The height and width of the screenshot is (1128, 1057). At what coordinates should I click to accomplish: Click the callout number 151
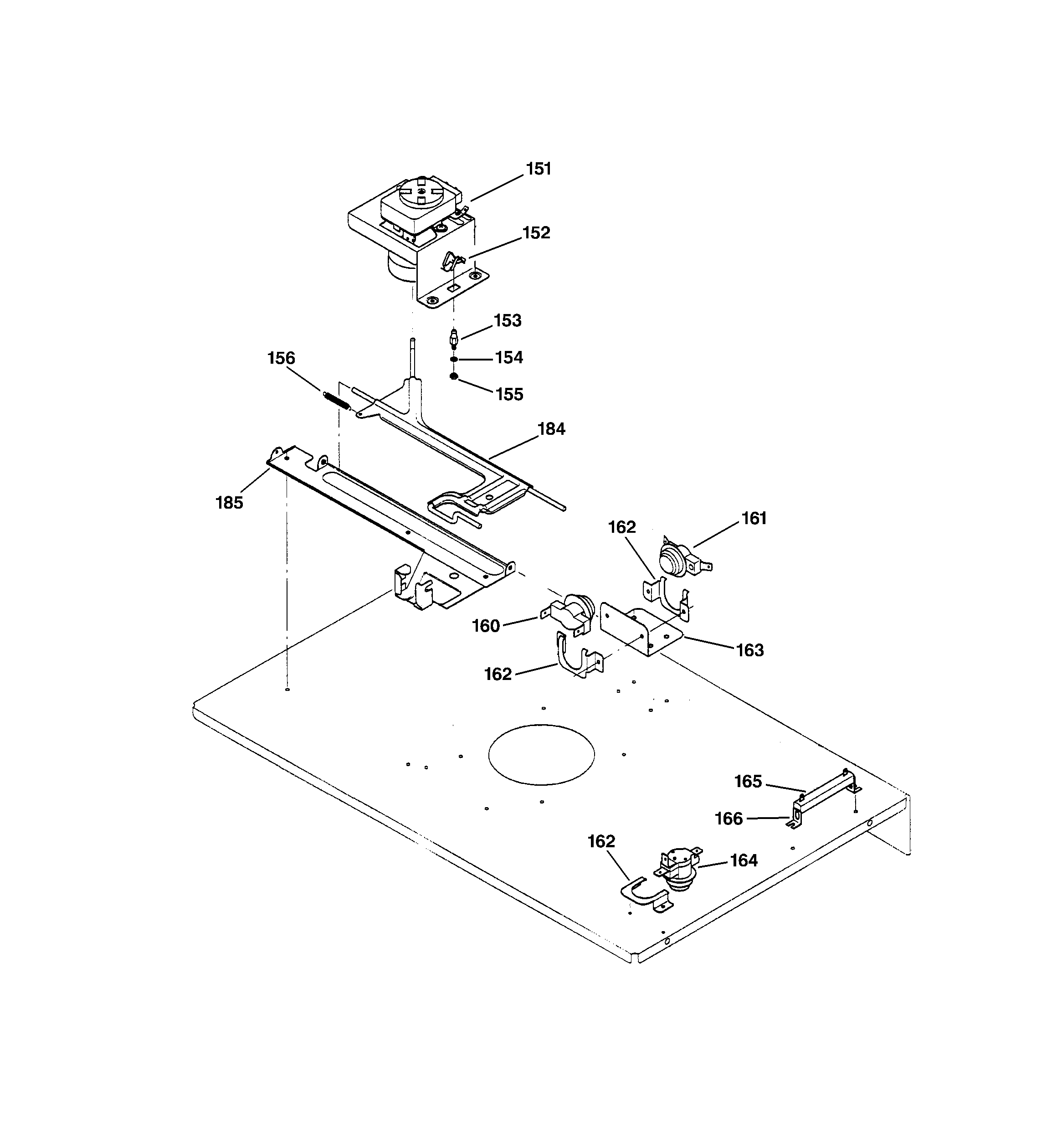(538, 169)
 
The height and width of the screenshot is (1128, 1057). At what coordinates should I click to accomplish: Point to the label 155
(509, 394)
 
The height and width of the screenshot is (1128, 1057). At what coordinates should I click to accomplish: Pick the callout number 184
(551, 429)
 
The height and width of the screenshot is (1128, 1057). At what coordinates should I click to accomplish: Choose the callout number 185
(229, 503)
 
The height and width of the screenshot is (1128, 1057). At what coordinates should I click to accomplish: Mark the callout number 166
(729, 818)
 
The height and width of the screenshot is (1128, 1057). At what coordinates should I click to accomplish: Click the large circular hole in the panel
(541, 754)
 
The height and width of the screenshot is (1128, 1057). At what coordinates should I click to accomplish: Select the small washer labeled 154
(454, 359)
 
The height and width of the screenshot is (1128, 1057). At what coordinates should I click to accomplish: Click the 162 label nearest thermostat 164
(601, 841)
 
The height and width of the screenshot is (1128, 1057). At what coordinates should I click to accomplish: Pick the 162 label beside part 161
(622, 527)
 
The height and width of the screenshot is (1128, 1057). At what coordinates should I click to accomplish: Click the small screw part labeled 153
(453, 339)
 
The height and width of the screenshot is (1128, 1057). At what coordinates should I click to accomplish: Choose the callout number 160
(486, 626)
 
